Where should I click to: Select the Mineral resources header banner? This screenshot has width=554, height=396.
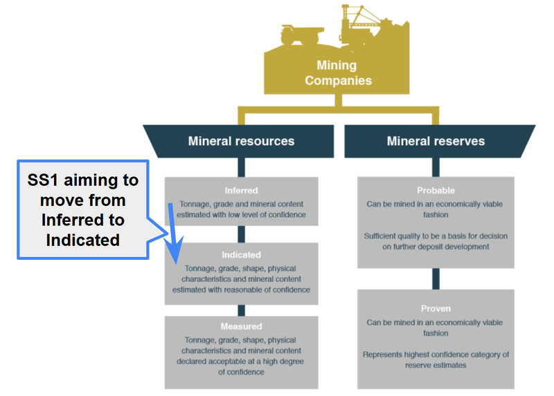241,141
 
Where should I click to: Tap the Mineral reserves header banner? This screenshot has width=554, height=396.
436,141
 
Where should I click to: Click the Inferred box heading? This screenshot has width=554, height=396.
241,190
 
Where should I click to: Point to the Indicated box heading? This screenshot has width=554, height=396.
241,255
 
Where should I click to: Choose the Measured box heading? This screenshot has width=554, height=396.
241,326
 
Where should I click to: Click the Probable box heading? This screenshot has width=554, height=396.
436,190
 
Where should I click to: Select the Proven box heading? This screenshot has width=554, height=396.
436,308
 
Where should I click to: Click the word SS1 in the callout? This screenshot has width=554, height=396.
43,181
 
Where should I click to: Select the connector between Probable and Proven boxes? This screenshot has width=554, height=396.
436,279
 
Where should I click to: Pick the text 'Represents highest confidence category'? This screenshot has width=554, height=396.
436,355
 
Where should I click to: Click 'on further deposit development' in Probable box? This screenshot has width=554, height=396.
436,247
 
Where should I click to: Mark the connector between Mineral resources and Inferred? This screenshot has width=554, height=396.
241,167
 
